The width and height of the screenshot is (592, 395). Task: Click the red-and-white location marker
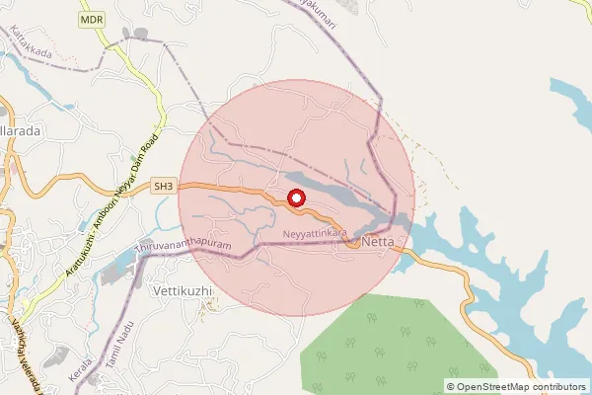[x=296, y=198]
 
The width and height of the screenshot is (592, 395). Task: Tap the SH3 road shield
[x=163, y=185]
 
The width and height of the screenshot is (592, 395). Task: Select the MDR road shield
[x=92, y=19]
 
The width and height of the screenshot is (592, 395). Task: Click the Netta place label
[x=379, y=241]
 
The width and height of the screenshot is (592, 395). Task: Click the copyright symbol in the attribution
[x=451, y=386]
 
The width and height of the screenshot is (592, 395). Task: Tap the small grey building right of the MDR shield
[x=141, y=34]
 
